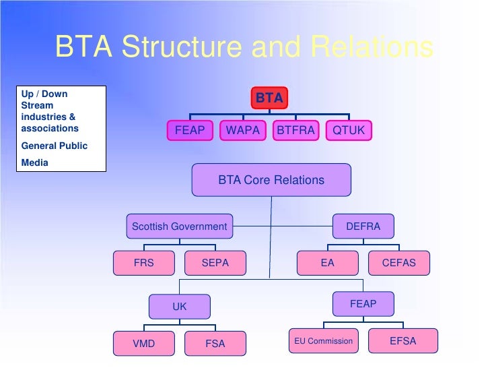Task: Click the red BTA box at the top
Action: [269, 98]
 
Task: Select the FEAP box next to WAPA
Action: [190, 131]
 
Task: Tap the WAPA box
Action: [243, 131]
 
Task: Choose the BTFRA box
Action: [296, 131]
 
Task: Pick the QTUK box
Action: [349, 131]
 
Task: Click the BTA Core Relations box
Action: [271, 180]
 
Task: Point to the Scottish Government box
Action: [180, 226]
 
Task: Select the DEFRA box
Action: [363, 226]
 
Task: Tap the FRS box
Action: [144, 263]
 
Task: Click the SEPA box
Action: [215, 263]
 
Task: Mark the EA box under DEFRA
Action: [327, 263]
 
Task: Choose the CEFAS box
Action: [399, 263]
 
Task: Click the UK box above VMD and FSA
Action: [180, 307]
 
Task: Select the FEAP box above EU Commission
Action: [363, 304]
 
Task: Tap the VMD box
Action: [144, 344]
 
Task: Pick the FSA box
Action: [215, 344]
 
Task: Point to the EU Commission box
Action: [323, 341]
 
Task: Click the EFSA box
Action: [403, 341]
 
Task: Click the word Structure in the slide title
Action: [182, 48]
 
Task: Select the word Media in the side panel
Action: [35, 162]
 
